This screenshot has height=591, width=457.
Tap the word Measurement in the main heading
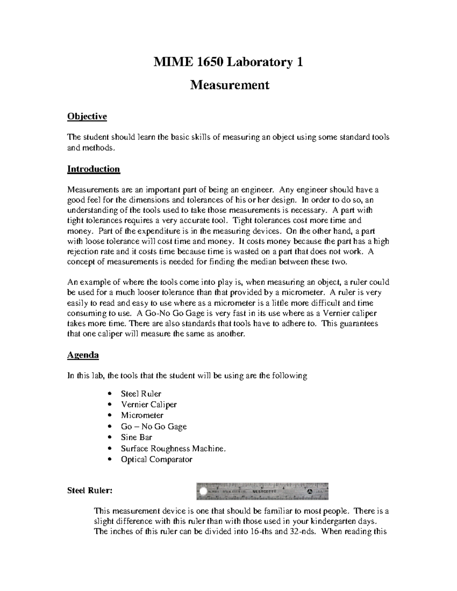[x=229, y=84]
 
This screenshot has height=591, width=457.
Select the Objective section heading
[x=87, y=116]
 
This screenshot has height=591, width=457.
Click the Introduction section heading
[x=93, y=169]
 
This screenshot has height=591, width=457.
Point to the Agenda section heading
[x=83, y=355]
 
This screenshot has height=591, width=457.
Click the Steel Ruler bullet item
[x=141, y=393]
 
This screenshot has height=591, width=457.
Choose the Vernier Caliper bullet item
[x=149, y=405]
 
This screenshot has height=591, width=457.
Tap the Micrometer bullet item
[x=142, y=415]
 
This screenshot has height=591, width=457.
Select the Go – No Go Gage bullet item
[x=153, y=426]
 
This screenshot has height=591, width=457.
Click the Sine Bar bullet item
[x=136, y=437]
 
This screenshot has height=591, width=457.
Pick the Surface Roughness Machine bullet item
[x=173, y=448]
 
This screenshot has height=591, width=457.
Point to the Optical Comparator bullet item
[x=157, y=459]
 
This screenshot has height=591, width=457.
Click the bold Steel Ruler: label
[x=90, y=491]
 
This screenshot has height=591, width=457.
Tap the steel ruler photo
[x=262, y=491]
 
